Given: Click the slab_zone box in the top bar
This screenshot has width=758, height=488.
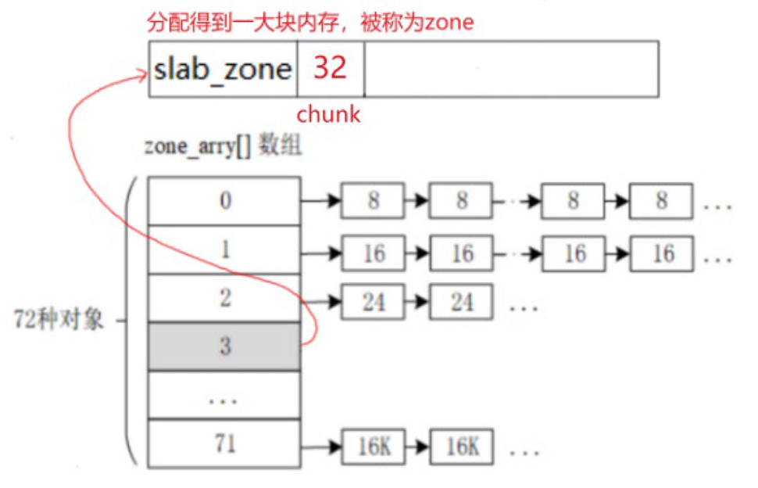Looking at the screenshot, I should (x=223, y=69).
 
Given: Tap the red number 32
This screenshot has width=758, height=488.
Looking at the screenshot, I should (x=330, y=69).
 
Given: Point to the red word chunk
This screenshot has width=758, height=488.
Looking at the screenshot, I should (x=328, y=114).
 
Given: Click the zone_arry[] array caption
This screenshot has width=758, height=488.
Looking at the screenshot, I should (x=223, y=147).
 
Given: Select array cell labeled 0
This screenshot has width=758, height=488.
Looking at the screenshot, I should (x=224, y=200).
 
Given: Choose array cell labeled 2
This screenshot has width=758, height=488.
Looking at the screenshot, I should (x=224, y=298).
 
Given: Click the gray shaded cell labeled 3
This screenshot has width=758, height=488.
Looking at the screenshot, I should (x=224, y=346).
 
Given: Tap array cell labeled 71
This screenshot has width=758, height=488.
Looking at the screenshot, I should (x=224, y=443).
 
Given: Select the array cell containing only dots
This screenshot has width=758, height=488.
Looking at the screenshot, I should (x=224, y=396).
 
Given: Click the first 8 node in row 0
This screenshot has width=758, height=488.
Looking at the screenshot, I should (x=373, y=201).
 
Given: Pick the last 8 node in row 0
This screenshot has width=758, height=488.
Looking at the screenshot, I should (x=661, y=201).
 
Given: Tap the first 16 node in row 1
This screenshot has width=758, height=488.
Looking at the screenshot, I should (x=373, y=253).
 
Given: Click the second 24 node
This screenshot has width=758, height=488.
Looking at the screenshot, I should (x=461, y=301).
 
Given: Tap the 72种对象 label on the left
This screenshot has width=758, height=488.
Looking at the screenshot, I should (x=59, y=321).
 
